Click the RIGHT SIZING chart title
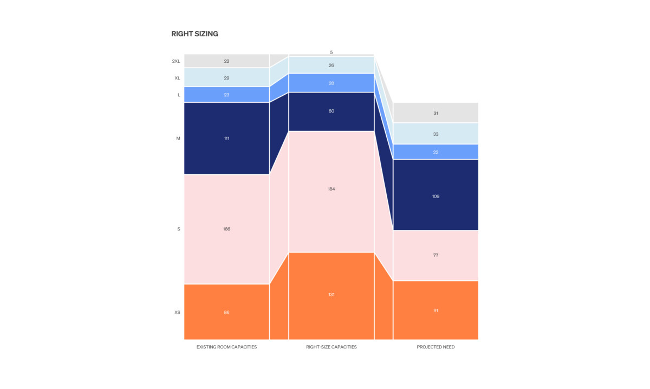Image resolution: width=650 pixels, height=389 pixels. (194, 34)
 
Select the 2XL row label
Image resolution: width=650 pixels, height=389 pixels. (176, 61)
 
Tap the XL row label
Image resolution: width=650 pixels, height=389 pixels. (177, 78)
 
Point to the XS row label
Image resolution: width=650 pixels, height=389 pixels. (177, 312)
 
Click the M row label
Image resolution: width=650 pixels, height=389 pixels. (178, 139)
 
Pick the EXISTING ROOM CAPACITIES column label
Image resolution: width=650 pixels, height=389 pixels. (226, 347)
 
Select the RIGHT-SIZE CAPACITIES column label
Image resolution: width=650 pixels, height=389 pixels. (331, 347)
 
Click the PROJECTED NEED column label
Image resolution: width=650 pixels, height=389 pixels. (435, 347)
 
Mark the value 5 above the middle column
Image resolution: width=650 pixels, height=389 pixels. (331, 52)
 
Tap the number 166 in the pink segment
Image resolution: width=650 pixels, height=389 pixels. (226, 229)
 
